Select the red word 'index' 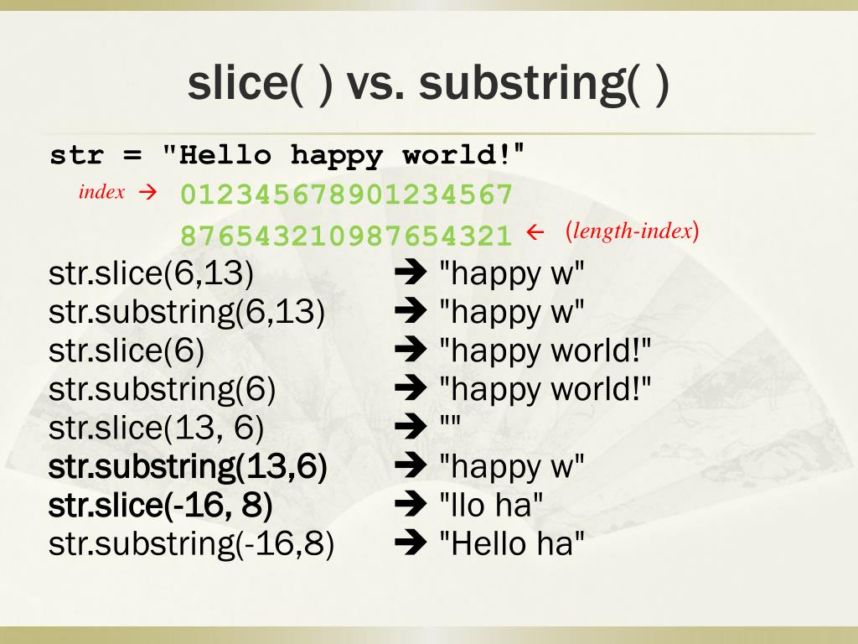click(x=101, y=192)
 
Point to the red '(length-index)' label click(x=632, y=231)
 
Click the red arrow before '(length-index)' click(x=535, y=233)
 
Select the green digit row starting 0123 click(x=346, y=195)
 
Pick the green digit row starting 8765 click(x=346, y=236)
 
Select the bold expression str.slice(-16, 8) click(x=161, y=506)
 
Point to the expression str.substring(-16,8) click(x=191, y=544)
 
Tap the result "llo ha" click(x=492, y=506)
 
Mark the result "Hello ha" click(x=511, y=544)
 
